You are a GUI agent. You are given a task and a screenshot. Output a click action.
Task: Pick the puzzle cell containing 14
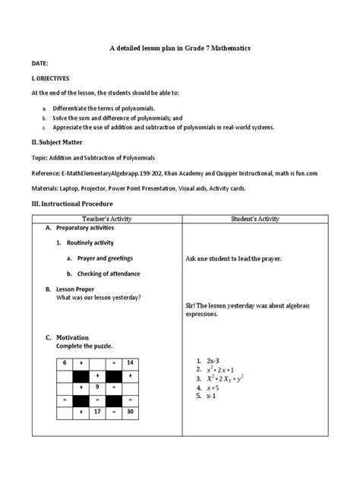pyautogui.click(x=131, y=363)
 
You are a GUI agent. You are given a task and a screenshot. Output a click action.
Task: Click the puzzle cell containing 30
pyautogui.click(x=131, y=412)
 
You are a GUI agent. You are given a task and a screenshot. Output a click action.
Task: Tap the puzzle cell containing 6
pyautogui.click(x=65, y=363)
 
